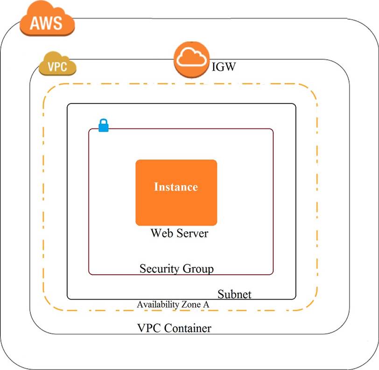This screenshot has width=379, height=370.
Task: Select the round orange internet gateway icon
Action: pos(191,60)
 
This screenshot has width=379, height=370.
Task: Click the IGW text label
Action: pos(224,67)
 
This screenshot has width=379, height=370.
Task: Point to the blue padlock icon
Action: pos(103,126)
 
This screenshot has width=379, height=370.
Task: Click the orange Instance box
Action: pos(176,205)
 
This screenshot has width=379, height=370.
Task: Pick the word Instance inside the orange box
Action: pos(176,187)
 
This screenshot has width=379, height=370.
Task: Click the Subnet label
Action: pos(234,294)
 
